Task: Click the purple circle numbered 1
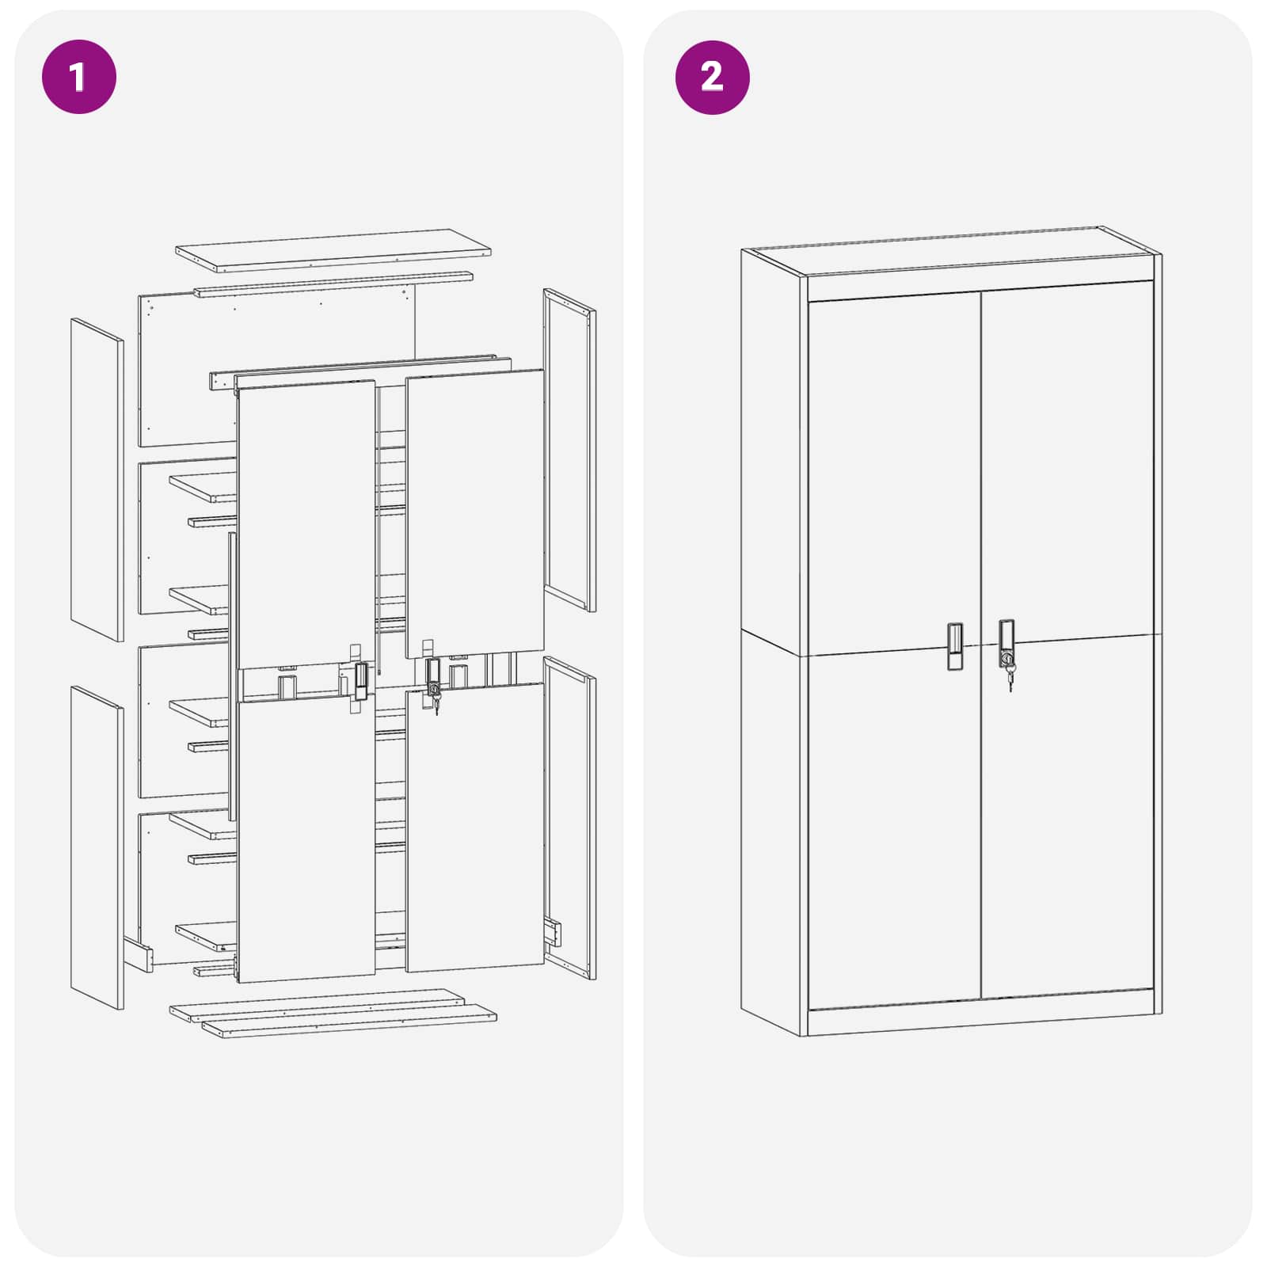[78, 77]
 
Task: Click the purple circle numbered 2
[712, 77]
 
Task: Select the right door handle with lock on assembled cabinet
[1006, 641]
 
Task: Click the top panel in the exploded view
[333, 249]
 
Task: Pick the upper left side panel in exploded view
[97, 479]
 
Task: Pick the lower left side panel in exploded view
[97, 847]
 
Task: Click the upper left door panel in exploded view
[306, 523]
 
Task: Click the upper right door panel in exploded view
[475, 511]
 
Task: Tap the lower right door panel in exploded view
[475, 828]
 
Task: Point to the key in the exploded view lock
[436, 703]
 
